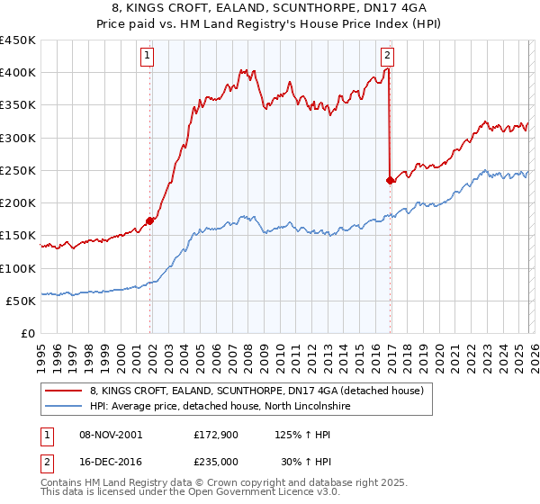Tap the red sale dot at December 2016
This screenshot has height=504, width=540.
point(390,180)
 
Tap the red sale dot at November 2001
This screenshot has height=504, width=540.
point(150,220)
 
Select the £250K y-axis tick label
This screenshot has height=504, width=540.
point(18,170)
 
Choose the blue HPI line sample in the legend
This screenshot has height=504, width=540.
point(64,407)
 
